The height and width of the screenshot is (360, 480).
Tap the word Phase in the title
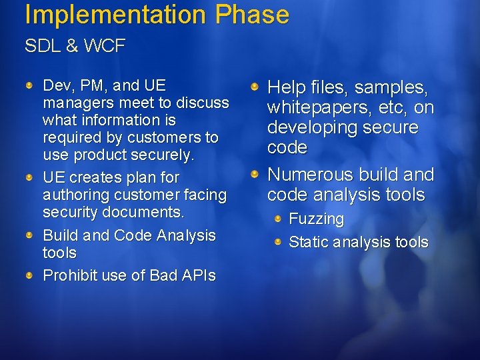click(252, 15)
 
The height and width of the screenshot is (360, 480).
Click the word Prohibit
click(68, 275)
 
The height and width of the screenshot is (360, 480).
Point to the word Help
click(288, 87)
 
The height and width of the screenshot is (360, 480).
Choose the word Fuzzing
click(316, 219)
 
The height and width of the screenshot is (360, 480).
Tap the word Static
click(308, 242)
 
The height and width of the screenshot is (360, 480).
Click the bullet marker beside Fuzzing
click(279, 218)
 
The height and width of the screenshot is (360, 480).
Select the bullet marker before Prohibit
click(31, 275)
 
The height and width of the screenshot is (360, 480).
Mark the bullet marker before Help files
click(256, 87)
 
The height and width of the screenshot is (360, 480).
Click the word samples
click(391, 87)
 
